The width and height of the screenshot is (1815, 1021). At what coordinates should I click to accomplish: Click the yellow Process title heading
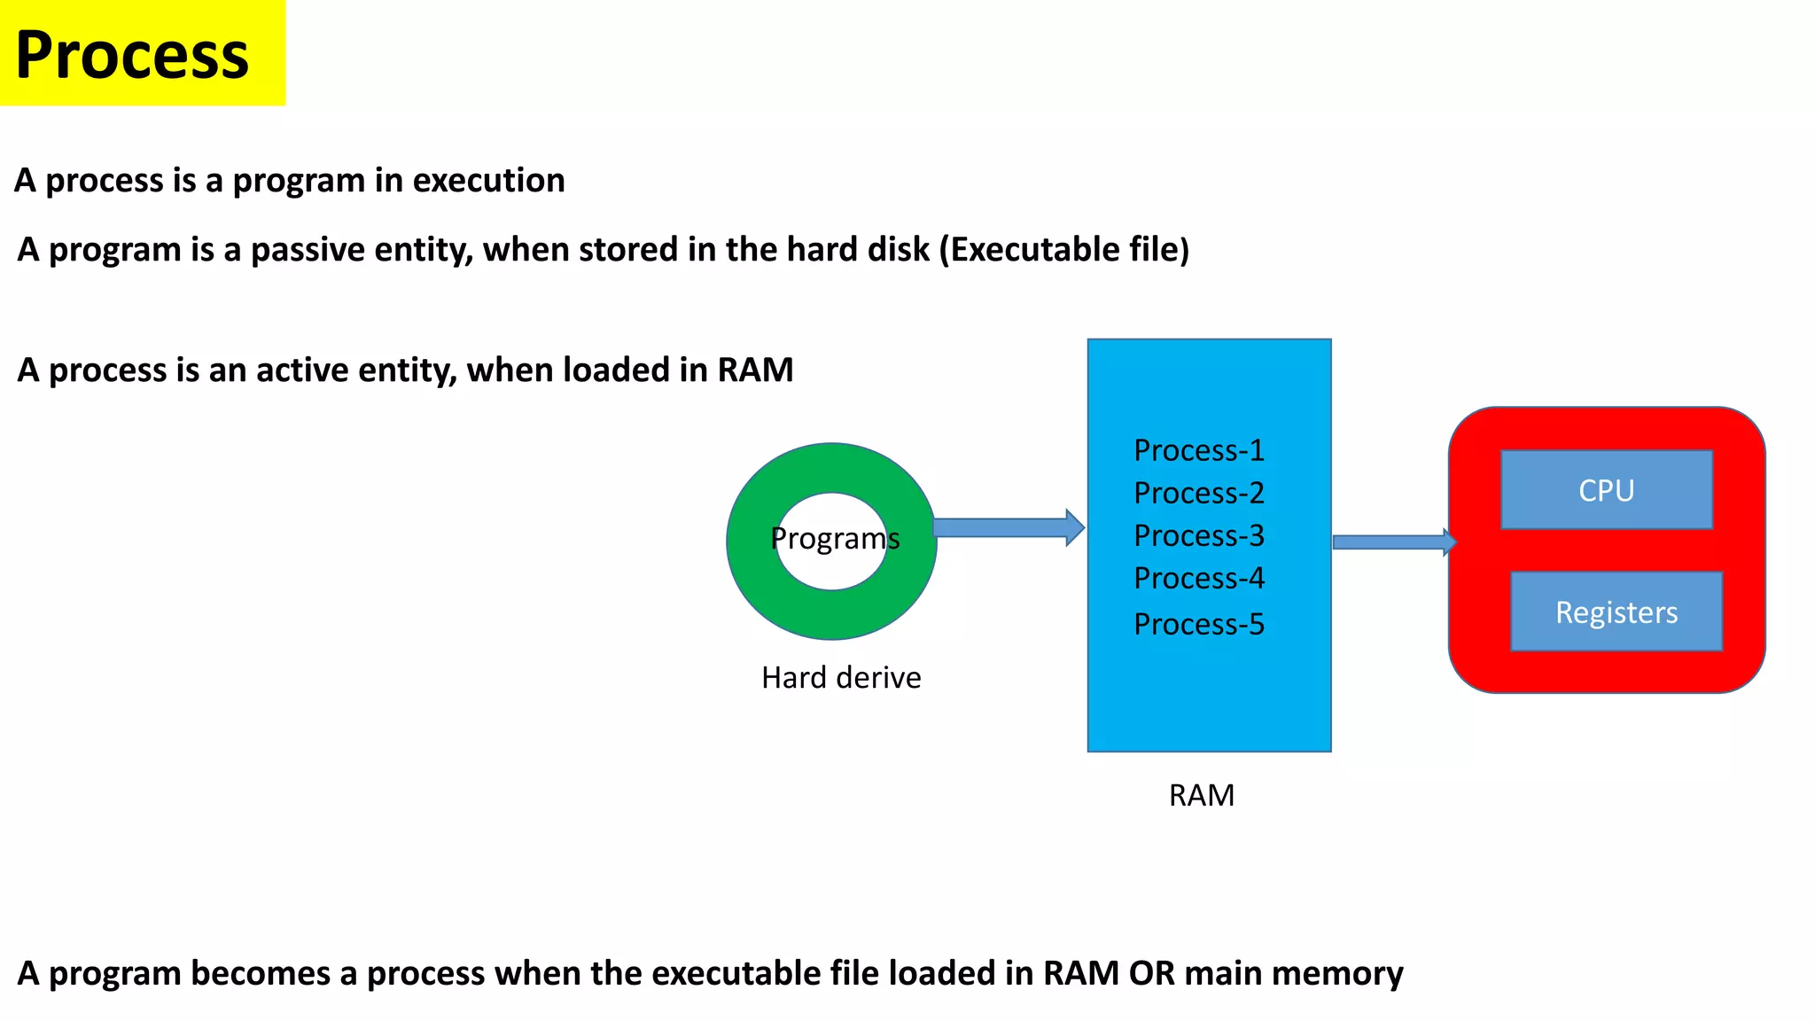point(133,55)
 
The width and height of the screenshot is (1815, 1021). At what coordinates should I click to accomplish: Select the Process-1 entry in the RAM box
point(1199,450)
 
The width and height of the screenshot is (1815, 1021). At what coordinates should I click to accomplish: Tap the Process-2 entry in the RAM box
point(1199,493)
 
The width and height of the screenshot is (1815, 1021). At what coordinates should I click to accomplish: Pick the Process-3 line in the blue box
point(1199,535)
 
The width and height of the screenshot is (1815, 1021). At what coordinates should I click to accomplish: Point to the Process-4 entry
point(1199,578)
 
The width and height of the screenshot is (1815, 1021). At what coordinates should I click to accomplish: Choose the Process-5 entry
point(1199,624)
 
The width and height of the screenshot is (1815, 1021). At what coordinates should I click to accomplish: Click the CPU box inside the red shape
point(1606,490)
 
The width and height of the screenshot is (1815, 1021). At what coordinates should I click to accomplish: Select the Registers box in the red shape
point(1616,612)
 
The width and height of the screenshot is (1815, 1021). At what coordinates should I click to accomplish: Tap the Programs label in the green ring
point(834,538)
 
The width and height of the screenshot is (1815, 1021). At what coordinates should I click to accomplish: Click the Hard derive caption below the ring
point(841,677)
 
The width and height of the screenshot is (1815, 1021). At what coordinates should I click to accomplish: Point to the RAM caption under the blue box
point(1201,795)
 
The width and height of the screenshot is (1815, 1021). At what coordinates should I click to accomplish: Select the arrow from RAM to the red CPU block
point(1392,542)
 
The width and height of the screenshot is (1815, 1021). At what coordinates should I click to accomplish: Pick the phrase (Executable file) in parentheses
point(1063,250)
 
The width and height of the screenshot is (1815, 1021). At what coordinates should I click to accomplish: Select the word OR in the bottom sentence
point(1151,973)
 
